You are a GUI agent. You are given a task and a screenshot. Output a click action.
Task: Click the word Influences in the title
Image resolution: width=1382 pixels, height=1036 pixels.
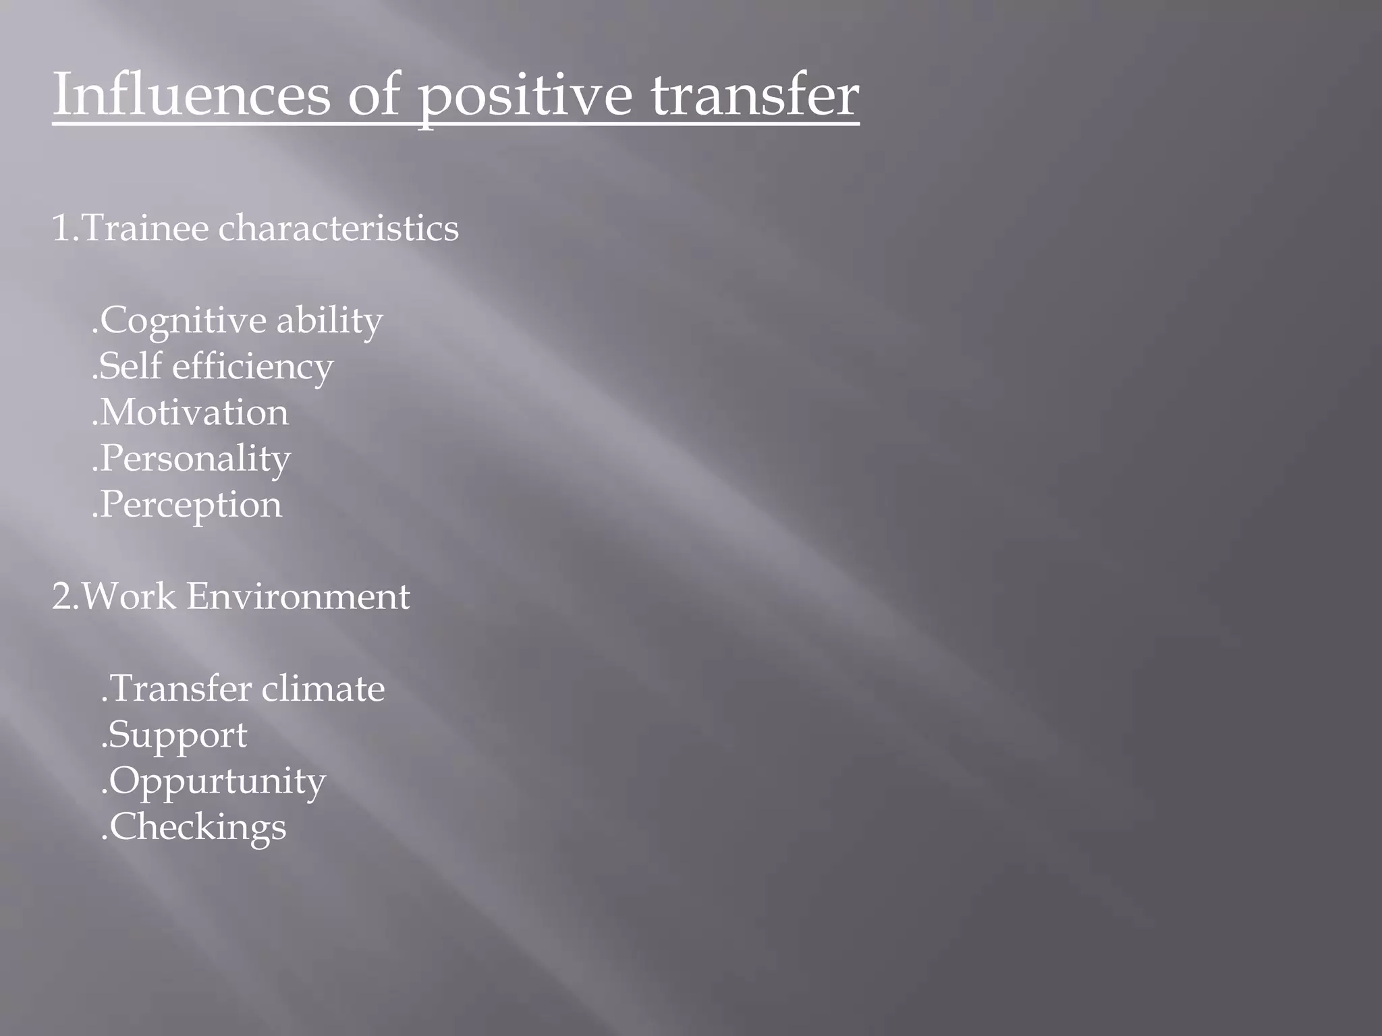coord(191,94)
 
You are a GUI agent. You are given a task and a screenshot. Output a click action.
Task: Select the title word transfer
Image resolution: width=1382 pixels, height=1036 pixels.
coord(755,94)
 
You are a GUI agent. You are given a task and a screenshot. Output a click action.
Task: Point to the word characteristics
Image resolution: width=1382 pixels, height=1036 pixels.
coord(338,228)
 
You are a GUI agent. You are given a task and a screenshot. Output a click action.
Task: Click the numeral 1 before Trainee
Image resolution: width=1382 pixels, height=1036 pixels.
coord(61,228)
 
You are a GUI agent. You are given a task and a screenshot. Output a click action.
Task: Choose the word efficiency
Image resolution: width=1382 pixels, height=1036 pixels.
coord(252,367)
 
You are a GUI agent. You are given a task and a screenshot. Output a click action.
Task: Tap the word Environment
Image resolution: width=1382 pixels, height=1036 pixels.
coord(298,597)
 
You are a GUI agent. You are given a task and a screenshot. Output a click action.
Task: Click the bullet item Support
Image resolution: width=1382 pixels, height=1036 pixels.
coord(177,735)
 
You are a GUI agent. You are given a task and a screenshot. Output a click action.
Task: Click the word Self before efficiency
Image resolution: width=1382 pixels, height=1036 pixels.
coord(131,367)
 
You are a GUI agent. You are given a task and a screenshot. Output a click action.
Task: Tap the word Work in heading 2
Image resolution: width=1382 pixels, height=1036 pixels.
coord(128,597)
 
